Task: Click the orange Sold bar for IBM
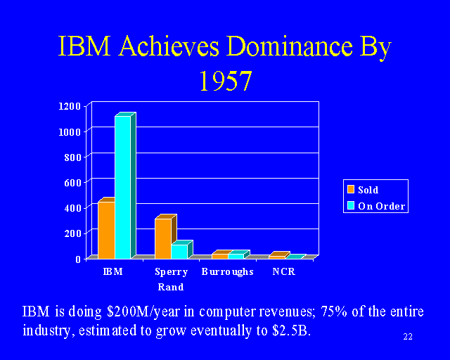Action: click(106, 230)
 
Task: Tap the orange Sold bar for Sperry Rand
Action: click(163, 238)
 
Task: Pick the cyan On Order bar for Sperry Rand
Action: click(179, 251)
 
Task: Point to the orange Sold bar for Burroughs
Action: click(220, 256)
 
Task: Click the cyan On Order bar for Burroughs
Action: click(236, 256)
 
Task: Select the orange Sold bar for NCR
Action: click(277, 257)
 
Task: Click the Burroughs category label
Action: click(227, 272)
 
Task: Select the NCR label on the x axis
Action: click(283, 272)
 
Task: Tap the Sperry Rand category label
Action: click(170, 279)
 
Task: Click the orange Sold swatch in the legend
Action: click(350, 189)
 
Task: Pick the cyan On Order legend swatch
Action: click(350, 206)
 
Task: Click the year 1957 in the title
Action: click(225, 82)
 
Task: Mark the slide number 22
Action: click(408, 337)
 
